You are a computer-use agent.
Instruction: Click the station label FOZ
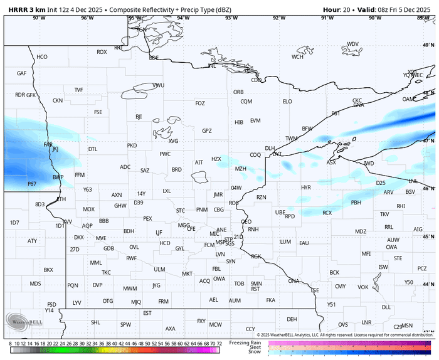click(200, 103)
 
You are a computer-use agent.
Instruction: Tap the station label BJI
click(139, 117)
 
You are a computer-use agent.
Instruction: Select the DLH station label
click(270, 149)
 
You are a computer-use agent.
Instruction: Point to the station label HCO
click(42, 57)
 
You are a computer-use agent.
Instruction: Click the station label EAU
click(304, 243)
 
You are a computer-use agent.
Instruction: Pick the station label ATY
click(32, 241)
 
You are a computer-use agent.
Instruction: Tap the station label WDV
click(353, 44)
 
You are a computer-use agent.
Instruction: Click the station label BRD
click(177, 169)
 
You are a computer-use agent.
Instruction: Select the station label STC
click(181, 210)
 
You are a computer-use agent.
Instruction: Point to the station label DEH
click(292, 319)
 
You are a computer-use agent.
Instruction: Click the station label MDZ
click(361, 231)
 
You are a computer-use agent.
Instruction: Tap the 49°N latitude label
click(428, 45)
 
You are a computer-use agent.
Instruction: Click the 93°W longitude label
click(231, 18)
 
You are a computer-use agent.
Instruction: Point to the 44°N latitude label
click(428, 285)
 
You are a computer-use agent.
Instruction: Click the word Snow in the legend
click(255, 352)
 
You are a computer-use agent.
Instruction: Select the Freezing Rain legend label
click(245, 342)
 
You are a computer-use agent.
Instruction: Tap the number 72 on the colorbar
click(219, 344)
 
